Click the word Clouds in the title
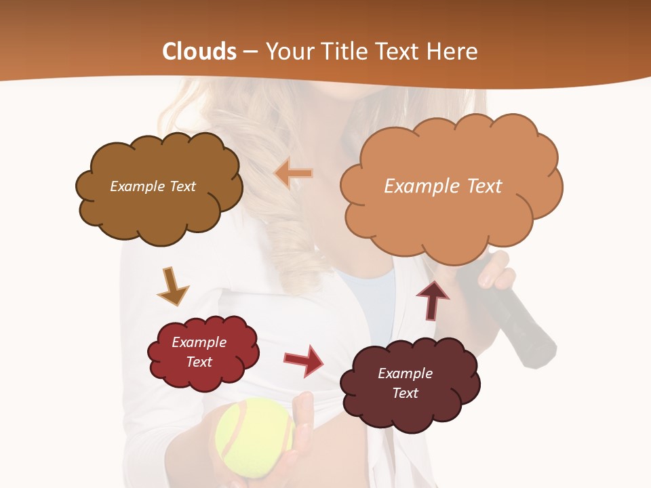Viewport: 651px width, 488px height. pos(199,52)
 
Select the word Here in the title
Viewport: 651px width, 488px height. pos(454,52)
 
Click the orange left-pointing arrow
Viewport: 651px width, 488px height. pos(293,174)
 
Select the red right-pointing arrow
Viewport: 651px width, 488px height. pos(303,361)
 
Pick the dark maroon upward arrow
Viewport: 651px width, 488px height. pos(432,299)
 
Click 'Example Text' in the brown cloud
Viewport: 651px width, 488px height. pos(153,186)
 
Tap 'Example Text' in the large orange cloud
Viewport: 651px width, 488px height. pos(443,186)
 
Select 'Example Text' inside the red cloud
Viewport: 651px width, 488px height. pos(199,352)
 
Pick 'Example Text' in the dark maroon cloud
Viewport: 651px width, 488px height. pos(405,383)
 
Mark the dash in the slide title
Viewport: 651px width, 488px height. pos(250,52)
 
